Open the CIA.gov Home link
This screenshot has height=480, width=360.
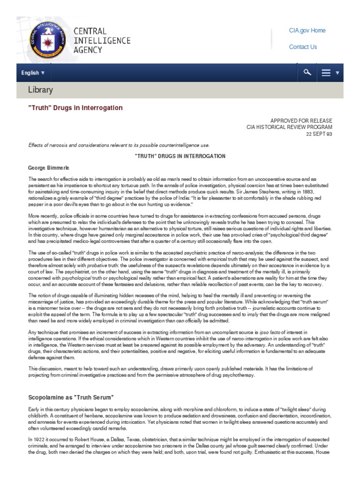coord(307,30)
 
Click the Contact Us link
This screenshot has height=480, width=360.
coord(303,47)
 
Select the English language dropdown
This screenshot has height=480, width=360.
coord(33,73)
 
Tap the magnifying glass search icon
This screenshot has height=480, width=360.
coord(307,73)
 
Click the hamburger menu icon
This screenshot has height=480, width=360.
coord(327,73)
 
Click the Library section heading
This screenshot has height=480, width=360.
coord(41,90)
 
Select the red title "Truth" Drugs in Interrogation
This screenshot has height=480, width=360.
coord(75,108)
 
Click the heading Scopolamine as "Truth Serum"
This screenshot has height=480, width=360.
coord(71,397)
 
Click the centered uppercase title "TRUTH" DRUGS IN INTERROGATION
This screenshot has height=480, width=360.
coord(180,156)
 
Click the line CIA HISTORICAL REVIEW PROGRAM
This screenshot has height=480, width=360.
coord(290,127)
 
